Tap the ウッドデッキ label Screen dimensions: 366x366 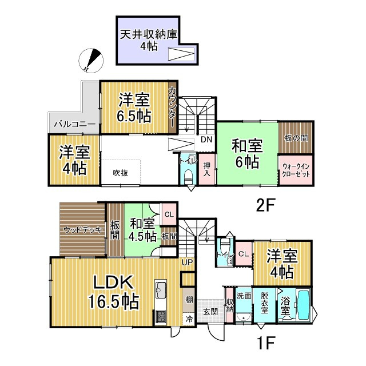tap(82, 230)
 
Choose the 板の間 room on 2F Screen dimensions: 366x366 tap(296, 137)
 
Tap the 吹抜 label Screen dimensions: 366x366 tap(120, 172)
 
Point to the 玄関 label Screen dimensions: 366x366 tap(210, 312)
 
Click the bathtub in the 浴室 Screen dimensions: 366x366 tap(303, 307)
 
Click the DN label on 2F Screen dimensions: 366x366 tap(206, 140)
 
